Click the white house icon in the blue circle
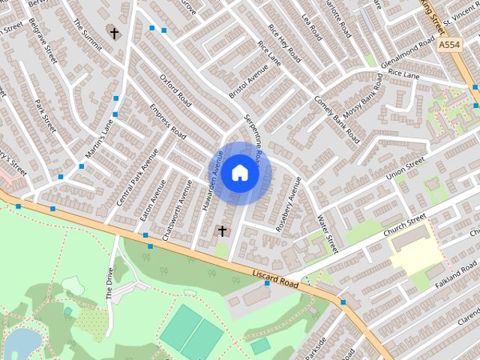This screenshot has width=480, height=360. tap(240, 173)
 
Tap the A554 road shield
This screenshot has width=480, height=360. tap(449, 46)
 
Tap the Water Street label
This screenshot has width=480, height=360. tap(328, 234)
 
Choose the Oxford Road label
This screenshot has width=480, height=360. tap(174, 89)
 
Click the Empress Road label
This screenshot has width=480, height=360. tap(167, 121)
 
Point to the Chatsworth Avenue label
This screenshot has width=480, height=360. tap(181, 202)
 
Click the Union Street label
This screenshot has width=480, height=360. tap(405, 172)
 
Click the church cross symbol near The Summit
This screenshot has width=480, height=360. tap(113, 33)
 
